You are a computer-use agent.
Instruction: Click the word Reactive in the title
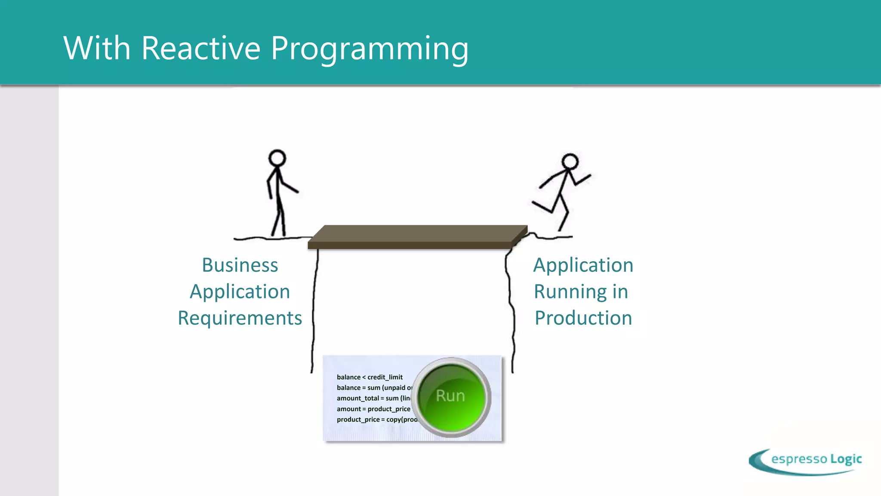click(200, 48)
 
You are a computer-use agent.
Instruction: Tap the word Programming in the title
click(370, 49)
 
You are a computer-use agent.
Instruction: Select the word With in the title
click(97, 48)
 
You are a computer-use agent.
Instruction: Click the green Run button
click(451, 396)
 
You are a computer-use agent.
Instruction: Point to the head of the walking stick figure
click(277, 158)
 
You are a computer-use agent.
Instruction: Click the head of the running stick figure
click(570, 162)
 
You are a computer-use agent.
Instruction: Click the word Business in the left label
click(240, 265)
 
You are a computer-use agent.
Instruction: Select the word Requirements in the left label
click(240, 319)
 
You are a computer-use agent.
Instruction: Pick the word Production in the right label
click(583, 319)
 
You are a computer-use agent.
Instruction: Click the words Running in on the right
click(581, 292)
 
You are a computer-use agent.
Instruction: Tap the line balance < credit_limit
click(370, 377)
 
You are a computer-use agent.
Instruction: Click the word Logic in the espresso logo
click(846, 459)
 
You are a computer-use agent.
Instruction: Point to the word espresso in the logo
click(799, 459)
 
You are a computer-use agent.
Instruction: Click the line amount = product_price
click(373, 409)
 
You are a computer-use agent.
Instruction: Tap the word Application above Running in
click(583, 265)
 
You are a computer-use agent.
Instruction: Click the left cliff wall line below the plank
click(314, 310)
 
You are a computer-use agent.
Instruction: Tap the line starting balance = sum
click(373, 388)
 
